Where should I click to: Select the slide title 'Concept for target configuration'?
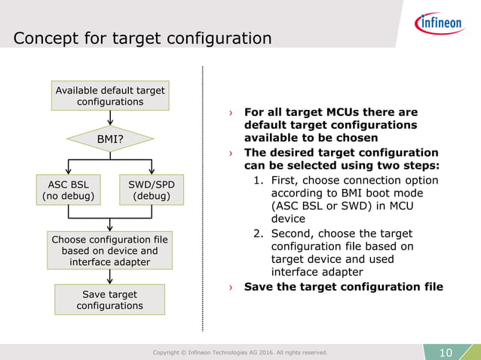tap(142, 38)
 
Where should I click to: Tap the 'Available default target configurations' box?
tap(110, 96)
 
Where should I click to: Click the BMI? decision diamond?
tap(110, 139)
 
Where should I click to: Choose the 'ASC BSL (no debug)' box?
tap(68, 190)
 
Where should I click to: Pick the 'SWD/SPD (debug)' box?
tap(152, 190)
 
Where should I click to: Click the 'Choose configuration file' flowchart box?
tap(110, 250)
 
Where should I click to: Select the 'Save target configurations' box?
tap(110, 300)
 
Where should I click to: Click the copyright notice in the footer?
tap(240, 352)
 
